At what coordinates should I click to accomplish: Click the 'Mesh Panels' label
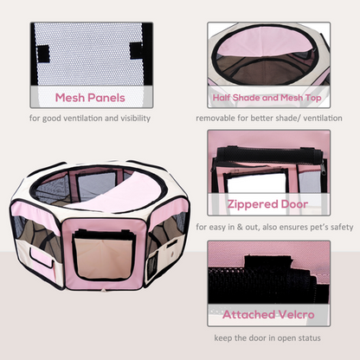(91, 97)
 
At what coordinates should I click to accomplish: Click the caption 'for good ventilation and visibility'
(90, 118)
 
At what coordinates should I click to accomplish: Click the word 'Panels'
(110, 97)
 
